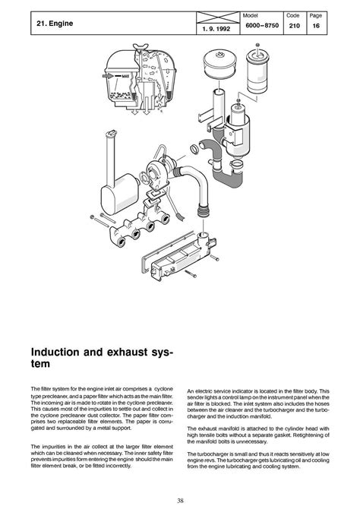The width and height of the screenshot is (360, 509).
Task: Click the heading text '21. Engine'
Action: point(55,24)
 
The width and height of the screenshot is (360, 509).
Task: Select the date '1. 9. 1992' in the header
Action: point(216,29)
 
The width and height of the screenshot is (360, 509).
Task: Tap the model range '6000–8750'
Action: point(262,25)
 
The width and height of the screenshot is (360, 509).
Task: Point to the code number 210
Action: point(294,26)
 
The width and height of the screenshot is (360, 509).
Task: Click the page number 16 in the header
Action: point(316,26)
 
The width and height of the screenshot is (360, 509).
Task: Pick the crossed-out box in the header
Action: point(218,17)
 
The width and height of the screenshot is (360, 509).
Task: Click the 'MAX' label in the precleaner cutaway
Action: point(125,76)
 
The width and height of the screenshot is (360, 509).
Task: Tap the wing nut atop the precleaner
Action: point(141,46)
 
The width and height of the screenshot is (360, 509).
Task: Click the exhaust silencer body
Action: point(119,194)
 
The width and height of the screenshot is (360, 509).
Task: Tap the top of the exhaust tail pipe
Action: point(112,133)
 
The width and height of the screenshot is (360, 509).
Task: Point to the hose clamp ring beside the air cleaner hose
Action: point(195,149)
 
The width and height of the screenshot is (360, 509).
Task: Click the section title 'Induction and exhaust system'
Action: point(102,358)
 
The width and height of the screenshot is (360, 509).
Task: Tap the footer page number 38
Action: point(180,500)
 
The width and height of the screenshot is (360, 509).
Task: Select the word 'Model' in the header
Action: point(250,15)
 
